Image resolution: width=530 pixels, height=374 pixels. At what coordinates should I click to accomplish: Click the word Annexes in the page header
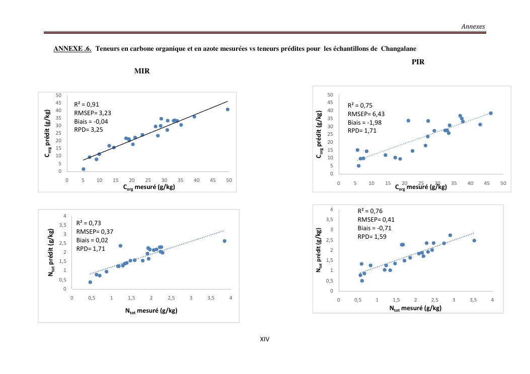pos(473,27)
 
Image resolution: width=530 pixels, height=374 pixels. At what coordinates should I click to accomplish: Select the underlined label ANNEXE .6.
pos(72,49)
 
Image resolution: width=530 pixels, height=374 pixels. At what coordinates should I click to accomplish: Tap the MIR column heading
pos(142,71)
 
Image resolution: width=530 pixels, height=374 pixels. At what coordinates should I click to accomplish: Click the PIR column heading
pos(418,62)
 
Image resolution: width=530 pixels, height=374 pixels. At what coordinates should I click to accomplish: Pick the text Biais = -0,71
pos(374,228)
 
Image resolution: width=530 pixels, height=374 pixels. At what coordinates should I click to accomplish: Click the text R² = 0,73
pos(89,223)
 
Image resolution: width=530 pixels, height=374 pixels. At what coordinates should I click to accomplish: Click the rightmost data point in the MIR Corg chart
pos(228,109)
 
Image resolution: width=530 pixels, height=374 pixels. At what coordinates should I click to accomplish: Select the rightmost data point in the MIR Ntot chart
pos(224,241)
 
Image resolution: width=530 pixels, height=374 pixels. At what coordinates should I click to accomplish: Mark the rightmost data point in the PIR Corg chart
pos(491,113)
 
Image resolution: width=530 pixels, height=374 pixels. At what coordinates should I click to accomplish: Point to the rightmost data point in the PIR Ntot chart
pos(474,240)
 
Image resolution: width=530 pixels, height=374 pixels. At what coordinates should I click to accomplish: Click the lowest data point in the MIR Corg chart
pos(84,169)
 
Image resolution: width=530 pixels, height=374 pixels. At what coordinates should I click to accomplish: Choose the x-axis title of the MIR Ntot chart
pos(151,311)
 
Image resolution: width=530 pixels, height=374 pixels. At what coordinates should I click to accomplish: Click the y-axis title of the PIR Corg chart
pos(319,134)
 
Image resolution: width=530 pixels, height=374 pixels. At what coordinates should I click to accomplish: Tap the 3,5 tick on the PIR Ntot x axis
pos(473,300)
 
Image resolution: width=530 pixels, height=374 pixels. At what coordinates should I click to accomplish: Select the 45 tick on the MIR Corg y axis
pos(58,103)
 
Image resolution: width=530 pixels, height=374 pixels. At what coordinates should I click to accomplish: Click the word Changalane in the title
pos(399,49)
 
